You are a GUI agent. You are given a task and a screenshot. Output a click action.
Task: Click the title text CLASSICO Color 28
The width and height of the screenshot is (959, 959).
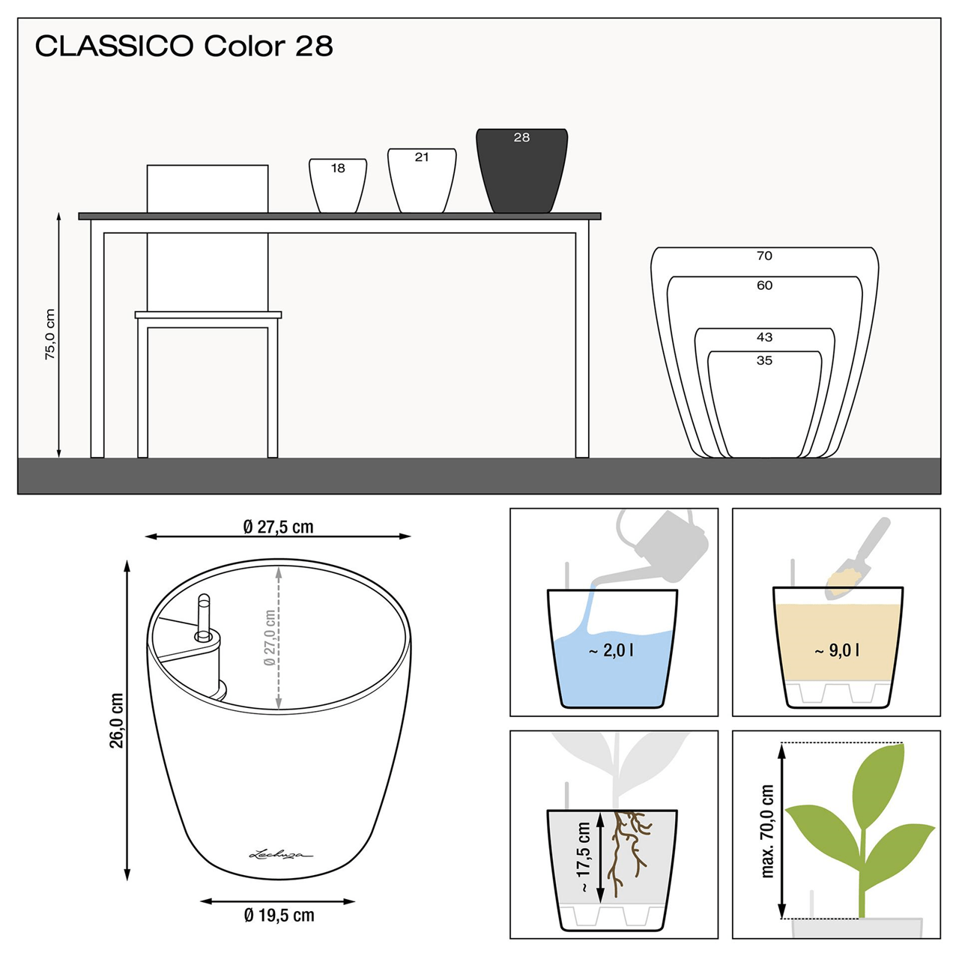point(184,46)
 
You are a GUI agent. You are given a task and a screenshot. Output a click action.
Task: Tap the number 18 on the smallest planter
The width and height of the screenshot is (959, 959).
point(338,169)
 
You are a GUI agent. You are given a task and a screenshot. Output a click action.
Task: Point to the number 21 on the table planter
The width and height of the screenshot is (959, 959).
point(422,157)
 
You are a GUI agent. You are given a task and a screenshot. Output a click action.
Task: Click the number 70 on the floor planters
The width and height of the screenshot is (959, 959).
point(764,256)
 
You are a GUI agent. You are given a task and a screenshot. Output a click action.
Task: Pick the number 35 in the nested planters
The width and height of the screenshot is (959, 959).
point(764,360)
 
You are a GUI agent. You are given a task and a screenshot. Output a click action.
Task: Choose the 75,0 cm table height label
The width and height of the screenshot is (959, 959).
point(50,334)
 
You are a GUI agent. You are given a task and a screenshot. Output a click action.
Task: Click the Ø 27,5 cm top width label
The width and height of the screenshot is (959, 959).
point(278,527)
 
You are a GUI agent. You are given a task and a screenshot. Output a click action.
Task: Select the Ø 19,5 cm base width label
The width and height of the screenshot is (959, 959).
point(279,916)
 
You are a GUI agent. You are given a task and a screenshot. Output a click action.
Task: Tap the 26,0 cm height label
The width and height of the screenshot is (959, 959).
point(117,720)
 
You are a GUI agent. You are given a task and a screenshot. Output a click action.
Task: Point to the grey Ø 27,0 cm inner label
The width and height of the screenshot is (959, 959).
point(270,638)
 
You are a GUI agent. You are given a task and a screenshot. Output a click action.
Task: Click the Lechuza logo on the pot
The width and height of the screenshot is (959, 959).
point(280,853)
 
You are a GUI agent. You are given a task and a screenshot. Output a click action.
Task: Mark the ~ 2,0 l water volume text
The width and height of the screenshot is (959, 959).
point(611,651)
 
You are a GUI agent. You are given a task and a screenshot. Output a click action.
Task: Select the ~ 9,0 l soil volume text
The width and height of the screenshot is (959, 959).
point(837,651)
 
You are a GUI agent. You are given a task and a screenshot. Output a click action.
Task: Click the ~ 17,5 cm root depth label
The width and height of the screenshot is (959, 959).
point(584,857)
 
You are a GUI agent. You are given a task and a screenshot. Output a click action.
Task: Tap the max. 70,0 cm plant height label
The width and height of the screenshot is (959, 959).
point(767,831)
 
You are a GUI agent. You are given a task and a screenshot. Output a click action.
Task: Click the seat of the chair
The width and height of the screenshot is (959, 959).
point(208,315)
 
